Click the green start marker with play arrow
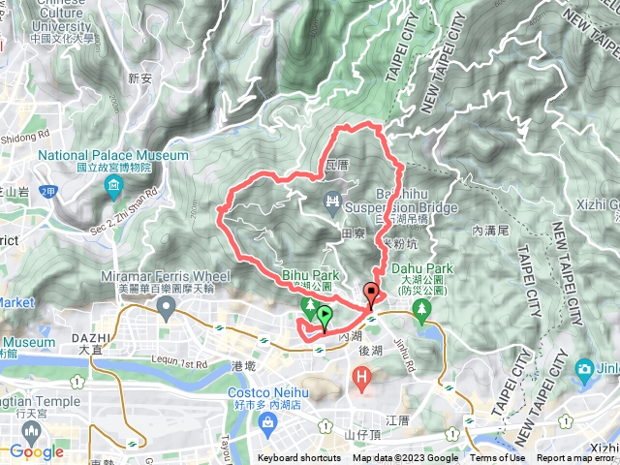coord(324,315)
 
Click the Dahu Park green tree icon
coord(421,309)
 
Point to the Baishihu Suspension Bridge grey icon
coord(333,201)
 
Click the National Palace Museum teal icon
coord(114,185)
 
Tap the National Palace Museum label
coord(114,155)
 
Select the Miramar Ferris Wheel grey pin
coord(166,308)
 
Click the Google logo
coord(36,451)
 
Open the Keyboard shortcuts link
coord(299,458)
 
